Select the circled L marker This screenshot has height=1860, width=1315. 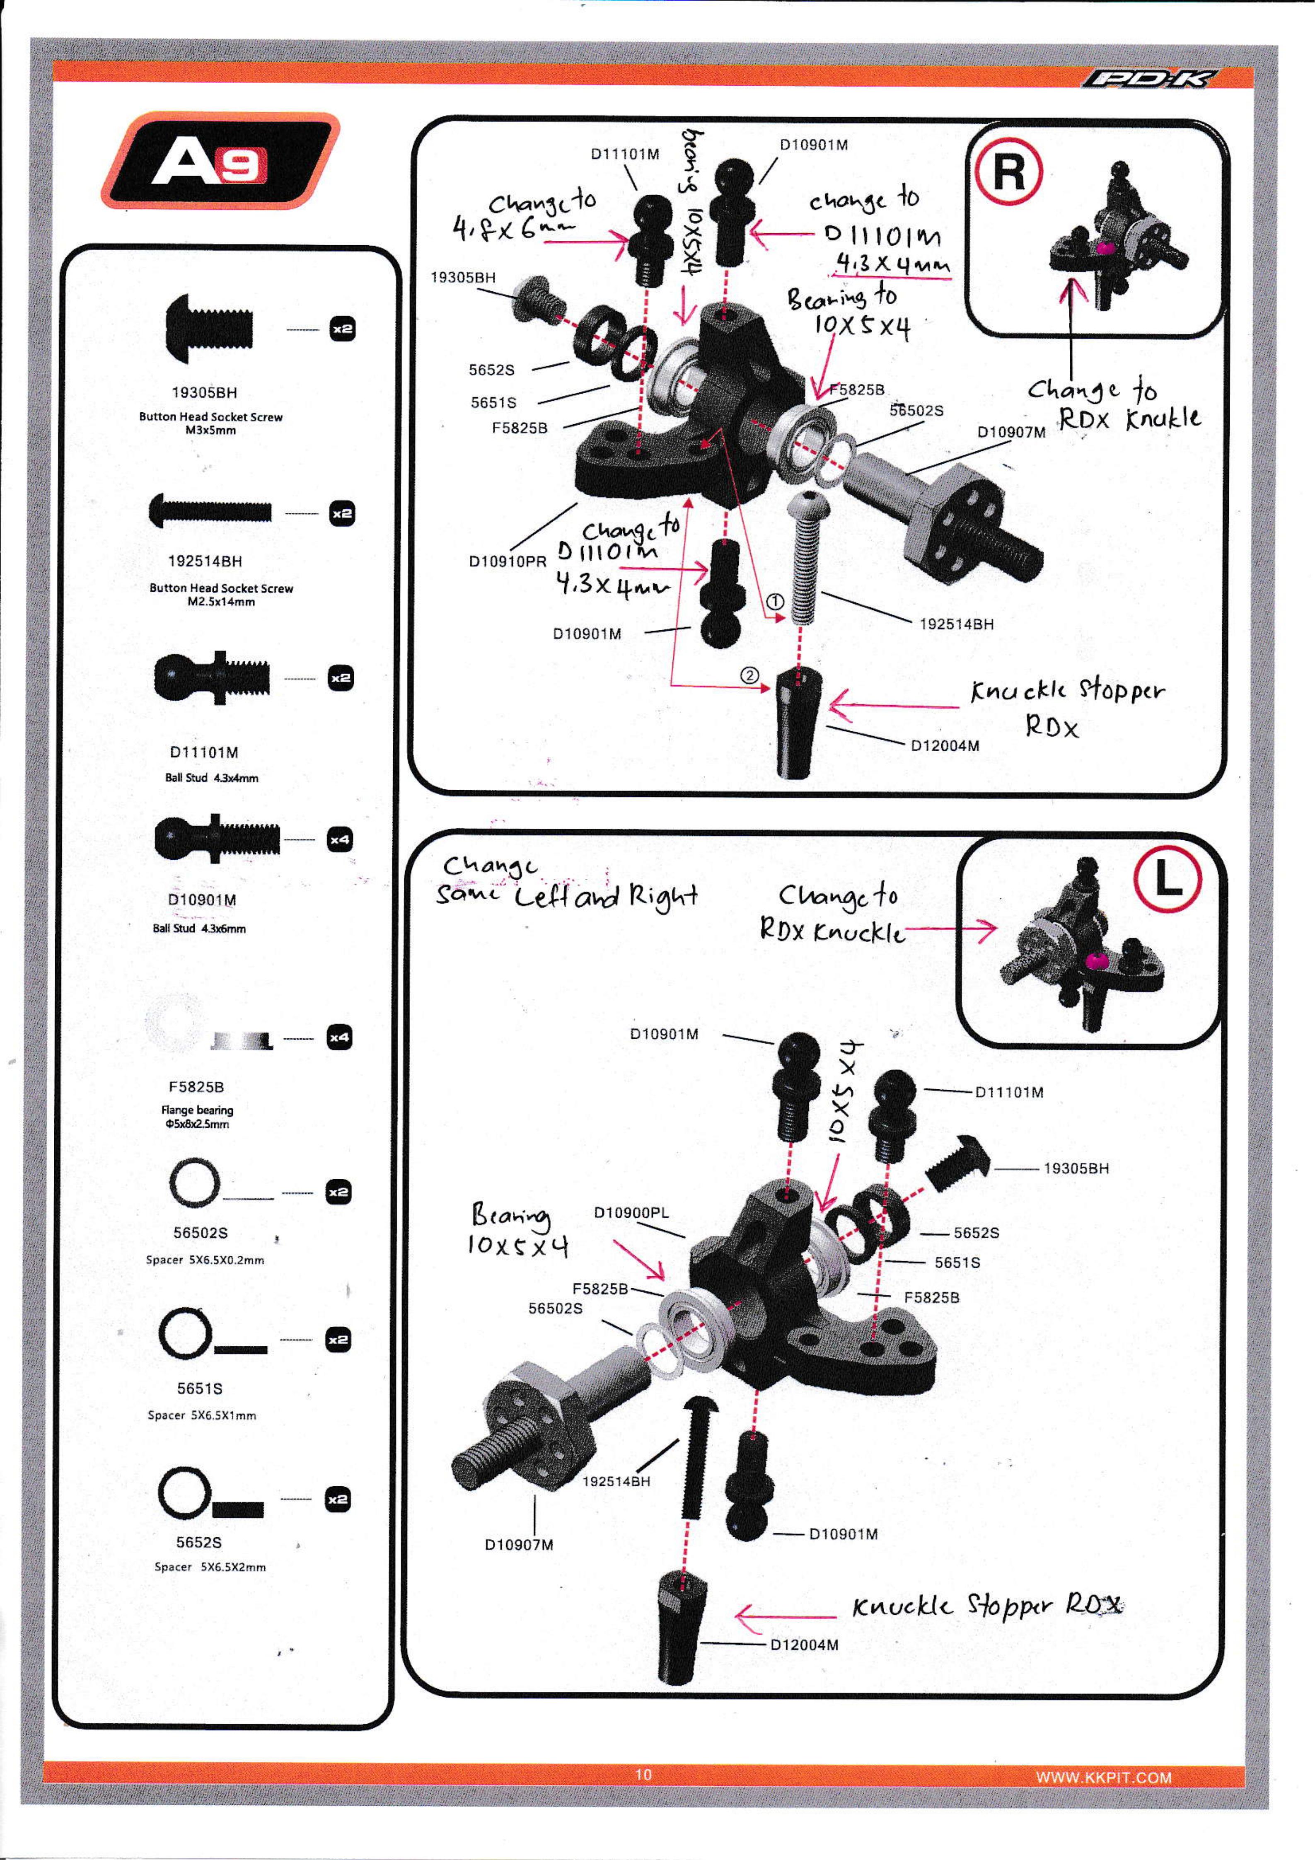(x=1167, y=879)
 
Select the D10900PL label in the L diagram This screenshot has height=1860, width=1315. (x=631, y=1213)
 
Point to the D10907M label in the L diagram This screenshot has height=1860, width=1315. (x=519, y=1544)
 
